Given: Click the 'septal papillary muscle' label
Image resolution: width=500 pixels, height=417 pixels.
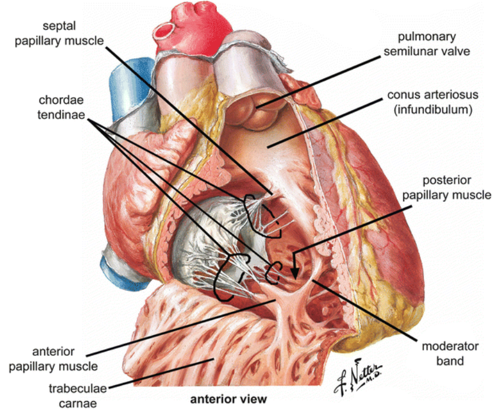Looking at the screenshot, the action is point(60,34).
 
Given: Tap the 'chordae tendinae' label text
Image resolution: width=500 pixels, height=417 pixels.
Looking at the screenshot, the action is point(61,107).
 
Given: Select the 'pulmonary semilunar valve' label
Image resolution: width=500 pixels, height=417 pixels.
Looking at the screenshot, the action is point(427,44).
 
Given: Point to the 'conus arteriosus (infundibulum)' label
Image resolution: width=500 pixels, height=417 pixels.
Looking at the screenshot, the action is point(433,102).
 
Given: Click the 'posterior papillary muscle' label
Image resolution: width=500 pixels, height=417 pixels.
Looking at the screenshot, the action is point(446,188).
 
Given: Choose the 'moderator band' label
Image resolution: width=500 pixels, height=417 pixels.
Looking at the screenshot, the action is point(450,353).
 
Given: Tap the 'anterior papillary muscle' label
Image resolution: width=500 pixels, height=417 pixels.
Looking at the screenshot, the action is point(53,359).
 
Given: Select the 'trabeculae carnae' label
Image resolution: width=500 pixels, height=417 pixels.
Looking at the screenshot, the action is point(78,396).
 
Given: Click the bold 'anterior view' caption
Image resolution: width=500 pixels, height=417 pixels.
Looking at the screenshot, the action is point(228,399).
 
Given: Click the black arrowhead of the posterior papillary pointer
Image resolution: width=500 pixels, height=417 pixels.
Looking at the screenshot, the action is point(295,273).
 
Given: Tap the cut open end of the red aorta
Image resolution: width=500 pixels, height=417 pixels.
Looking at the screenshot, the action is point(163,30).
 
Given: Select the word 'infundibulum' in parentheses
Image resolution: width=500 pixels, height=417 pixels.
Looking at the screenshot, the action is point(433,110).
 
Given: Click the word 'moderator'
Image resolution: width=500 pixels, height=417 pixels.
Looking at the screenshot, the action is point(450,346).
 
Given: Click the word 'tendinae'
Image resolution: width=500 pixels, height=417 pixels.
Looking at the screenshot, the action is point(61,115).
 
